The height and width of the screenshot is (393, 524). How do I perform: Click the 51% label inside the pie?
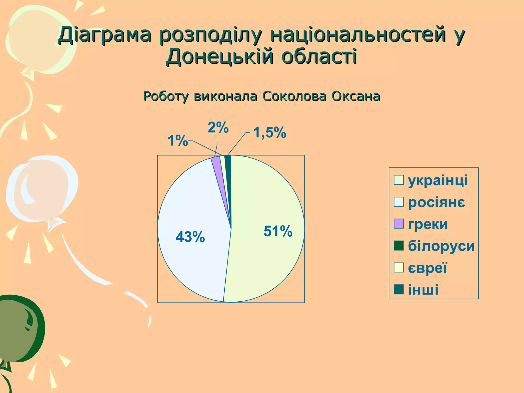[278, 231]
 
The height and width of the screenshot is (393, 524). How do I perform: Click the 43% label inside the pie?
[190, 237]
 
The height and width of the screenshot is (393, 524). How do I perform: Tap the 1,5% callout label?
[269, 133]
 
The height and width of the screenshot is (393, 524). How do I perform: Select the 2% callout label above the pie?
[218, 127]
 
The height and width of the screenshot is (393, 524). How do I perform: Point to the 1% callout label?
[178, 141]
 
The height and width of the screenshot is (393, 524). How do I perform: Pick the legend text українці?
[438, 180]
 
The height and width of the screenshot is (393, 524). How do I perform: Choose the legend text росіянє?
[436, 202]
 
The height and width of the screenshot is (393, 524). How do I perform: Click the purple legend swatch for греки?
[399, 224]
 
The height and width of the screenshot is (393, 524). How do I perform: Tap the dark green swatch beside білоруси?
[399, 246]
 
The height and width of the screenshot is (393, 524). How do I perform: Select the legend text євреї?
[427, 268]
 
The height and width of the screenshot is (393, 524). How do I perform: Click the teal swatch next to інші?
[399, 289]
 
